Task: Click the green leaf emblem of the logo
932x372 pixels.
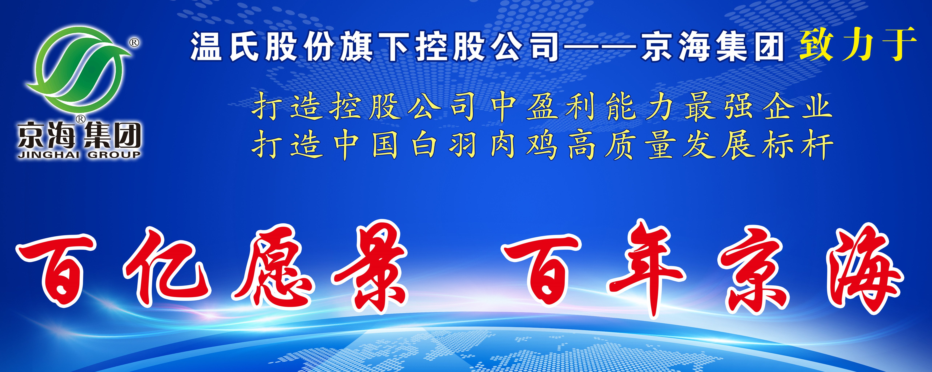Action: [x=78, y=69]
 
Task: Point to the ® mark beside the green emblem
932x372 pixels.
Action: [x=134, y=43]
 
